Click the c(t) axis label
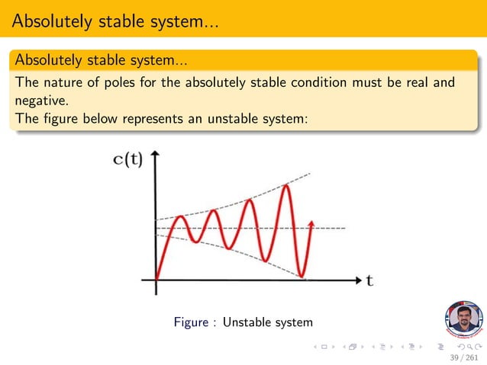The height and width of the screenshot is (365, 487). [x=127, y=160]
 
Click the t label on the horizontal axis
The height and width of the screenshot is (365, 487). [x=369, y=280]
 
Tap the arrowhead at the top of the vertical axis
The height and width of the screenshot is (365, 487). [x=156, y=155]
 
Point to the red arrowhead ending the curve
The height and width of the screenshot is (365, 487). [x=311, y=223]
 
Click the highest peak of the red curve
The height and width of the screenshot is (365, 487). [x=285, y=186]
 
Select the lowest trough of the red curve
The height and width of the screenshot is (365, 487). [x=302, y=275]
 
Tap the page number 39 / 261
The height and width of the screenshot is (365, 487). [x=464, y=357]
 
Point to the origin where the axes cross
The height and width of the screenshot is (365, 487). [x=156, y=280]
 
